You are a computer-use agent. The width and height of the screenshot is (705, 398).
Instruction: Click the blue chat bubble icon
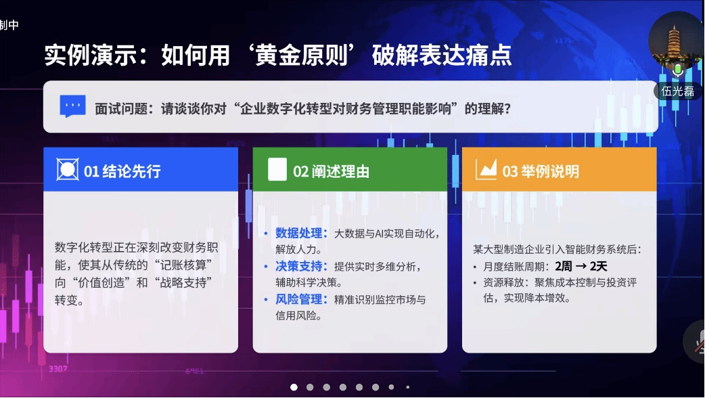point(72,107)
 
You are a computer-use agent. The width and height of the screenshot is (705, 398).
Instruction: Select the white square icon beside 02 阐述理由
point(277,170)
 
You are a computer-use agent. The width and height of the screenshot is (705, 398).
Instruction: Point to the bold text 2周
point(564,266)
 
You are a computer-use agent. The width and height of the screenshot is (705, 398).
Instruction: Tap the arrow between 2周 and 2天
point(581,266)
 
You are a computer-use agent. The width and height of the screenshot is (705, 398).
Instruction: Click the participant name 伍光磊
point(678,91)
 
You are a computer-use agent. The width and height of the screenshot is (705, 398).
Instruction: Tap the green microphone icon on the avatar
point(677,68)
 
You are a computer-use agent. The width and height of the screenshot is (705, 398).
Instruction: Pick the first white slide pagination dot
point(294,387)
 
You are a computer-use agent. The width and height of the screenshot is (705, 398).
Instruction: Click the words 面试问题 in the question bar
point(118,108)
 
